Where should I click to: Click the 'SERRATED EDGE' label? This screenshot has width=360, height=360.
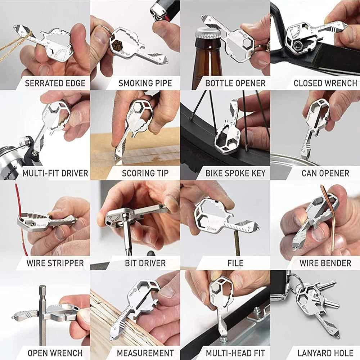(x=55, y=83)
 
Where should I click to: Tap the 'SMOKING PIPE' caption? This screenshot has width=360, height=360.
(x=145, y=83)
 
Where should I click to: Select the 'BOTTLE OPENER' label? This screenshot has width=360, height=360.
(x=235, y=83)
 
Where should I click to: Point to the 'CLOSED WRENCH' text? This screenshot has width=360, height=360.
(x=325, y=83)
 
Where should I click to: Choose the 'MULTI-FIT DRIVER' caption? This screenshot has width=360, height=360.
(x=55, y=173)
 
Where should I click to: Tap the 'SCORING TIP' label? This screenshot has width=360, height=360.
(x=145, y=173)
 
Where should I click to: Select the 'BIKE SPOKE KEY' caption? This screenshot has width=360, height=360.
(x=235, y=173)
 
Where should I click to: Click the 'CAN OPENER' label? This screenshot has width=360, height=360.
(x=325, y=173)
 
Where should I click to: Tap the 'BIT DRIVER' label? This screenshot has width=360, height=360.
(x=145, y=263)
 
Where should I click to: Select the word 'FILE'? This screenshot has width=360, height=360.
(x=235, y=263)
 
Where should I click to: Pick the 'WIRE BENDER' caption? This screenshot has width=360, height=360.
(x=325, y=263)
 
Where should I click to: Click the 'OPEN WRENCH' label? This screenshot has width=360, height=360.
(x=55, y=352)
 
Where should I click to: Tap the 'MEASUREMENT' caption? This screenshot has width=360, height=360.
(x=145, y=352)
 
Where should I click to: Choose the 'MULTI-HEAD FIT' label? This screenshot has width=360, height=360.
(x=235, y=352)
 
